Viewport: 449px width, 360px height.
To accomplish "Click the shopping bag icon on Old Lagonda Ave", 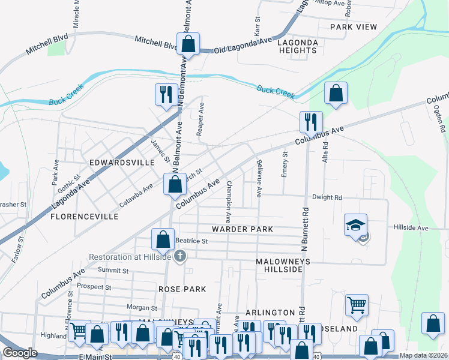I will point(188,44).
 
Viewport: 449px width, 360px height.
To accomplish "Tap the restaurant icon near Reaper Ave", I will point(164,95).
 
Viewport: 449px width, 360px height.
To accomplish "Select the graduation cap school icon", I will point(355,225).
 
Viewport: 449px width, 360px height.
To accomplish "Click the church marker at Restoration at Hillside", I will point(179,257).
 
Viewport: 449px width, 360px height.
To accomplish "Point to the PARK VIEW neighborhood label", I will point(353,27).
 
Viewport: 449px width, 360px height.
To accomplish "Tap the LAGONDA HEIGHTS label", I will point(297,46).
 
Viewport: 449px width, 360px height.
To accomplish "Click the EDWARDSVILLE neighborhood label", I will point(118,163).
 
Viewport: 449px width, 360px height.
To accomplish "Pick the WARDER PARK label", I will point(242,229).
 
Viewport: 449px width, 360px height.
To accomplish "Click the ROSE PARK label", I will point(182,289).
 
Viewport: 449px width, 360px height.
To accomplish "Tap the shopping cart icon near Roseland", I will point(357,305).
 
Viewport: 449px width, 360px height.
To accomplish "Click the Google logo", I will point(19,353).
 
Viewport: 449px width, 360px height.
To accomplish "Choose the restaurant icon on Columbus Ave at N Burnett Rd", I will point(311,122).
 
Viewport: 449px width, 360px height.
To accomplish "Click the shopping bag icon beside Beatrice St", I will point(163,239).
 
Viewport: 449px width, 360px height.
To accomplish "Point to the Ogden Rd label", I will point(439,118).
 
